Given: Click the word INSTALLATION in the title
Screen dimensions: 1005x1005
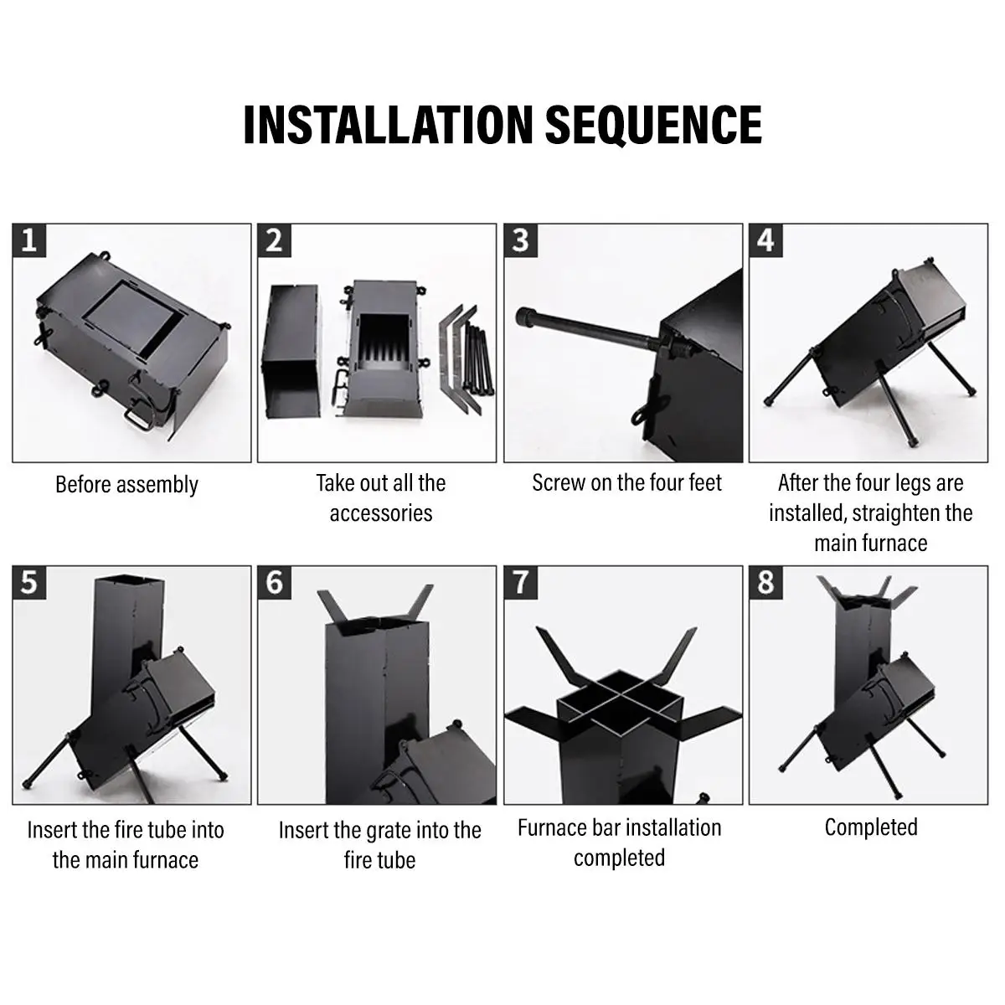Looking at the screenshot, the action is [x=388, y=125].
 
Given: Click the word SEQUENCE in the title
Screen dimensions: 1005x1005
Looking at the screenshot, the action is [x=654, y=125].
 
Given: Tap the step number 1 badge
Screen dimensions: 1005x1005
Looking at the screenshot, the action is [x=29, y=241].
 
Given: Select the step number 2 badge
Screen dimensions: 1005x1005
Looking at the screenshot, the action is [x=275, y=241].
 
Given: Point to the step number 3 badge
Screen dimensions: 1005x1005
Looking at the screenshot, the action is [x=520, y=241].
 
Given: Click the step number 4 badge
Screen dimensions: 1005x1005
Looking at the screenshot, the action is [x=765, y=241].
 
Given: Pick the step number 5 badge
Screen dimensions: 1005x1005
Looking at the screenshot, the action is [x=29, y=583].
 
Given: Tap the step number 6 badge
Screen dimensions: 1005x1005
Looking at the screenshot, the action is [x=275, y=583].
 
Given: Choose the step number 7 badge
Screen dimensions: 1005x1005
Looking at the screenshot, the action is [x=520, y=583].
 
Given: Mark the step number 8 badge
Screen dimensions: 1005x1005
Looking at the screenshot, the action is [x=765, y=583].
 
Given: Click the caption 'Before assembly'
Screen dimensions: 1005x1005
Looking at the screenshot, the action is [x=126, y=485].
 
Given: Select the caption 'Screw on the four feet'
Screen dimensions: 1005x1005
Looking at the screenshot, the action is [x=627, y=483].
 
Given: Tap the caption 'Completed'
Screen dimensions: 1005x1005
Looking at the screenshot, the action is [x=871, y=827].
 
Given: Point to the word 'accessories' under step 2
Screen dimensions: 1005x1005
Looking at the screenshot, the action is [x=381, y=513].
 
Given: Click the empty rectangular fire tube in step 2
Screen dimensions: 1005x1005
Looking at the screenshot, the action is [x=291, y=351].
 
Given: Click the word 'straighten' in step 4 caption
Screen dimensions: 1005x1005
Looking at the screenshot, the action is [x=898, y=513].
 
